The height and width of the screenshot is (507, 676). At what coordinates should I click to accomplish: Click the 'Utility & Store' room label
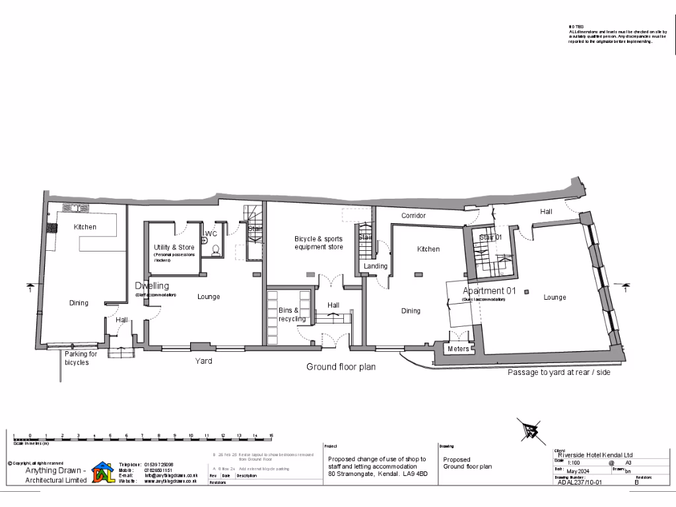click(x=174, y=248)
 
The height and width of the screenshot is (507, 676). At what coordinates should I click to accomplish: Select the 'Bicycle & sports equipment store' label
click(x=319, y=242)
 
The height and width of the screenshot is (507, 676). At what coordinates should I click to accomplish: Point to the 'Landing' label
click(x=376, y=266)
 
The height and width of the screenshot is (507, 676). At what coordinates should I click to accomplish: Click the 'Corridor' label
click(x=414, y=216)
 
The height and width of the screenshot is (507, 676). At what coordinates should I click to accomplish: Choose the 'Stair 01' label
click(x=490, y=237)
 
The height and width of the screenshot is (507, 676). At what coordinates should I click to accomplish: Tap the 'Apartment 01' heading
click(x=489, y=291)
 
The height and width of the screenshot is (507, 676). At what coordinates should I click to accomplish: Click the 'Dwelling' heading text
click(x=152, y=286)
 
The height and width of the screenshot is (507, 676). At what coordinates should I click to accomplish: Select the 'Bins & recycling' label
click(x=288, y=314)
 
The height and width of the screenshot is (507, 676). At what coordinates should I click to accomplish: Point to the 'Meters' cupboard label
click(x=458, y=349)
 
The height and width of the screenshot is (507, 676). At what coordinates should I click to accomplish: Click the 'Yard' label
click(x=203, y=361)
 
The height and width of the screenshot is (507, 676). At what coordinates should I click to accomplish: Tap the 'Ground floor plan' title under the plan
click(x=341, y=366)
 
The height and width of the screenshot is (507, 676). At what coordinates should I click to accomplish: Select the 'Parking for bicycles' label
click(x=81, y=358)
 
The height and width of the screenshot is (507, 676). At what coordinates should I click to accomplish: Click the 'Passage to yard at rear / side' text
click(x=558, y=372)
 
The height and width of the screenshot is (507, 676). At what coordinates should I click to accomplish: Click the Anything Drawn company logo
click(x=102, y=473)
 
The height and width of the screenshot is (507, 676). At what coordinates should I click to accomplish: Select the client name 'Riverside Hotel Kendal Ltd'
click(x=595, y=455)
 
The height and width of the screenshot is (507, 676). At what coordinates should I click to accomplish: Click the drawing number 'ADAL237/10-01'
click(x=579, y=483)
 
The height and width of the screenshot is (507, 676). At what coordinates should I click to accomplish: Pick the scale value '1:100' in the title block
click(x=565, y=463)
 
